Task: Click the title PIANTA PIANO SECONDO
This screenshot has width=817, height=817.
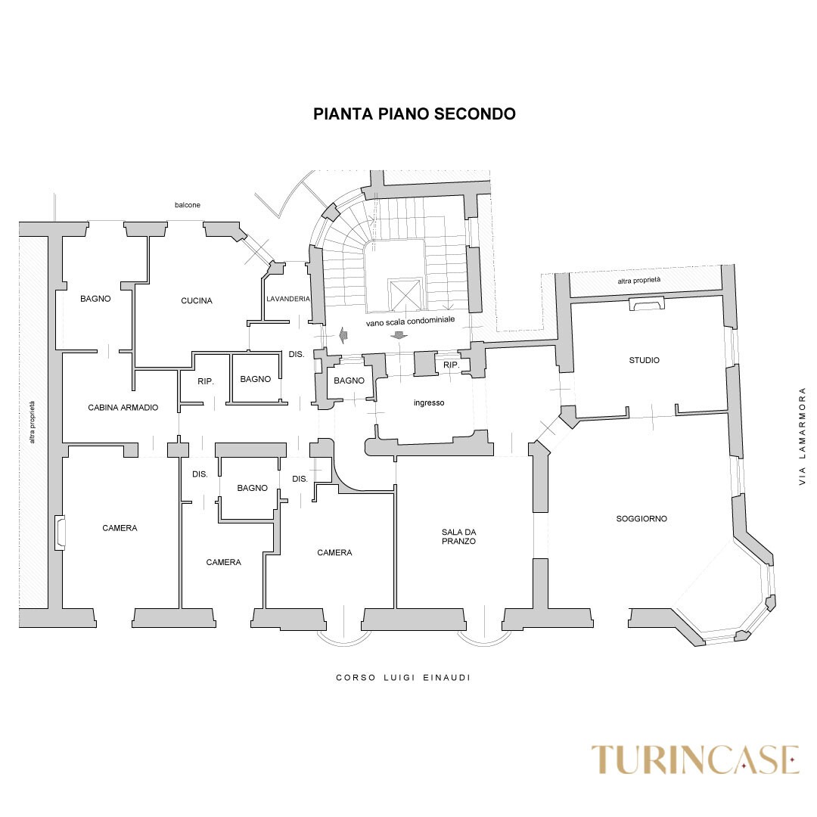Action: point(415,114)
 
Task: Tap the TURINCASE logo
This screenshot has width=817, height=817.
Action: point(695,760)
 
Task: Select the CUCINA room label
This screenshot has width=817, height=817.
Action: point(197,300)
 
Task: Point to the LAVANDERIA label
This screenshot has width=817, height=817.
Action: point(288,299)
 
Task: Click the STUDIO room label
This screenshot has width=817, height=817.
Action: point(644,360)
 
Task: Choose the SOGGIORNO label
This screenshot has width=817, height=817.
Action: point(641,519)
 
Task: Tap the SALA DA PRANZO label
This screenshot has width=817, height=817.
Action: point(458,536)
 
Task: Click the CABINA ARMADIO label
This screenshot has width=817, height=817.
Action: point(123,408)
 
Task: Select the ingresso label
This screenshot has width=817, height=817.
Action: point(429,402)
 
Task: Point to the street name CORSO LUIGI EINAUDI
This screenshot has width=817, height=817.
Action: point(403,678)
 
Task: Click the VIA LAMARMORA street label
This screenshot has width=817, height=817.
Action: point(803,436)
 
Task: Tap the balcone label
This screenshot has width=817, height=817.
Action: point(188,205)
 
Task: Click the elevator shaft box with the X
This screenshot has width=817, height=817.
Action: point(404,295)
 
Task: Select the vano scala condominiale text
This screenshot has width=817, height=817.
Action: point(411,322)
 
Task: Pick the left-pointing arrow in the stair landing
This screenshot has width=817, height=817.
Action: point(343,335)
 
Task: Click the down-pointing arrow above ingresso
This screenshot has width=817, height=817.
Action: point(399,336)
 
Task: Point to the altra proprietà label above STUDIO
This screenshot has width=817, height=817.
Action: point(638,281)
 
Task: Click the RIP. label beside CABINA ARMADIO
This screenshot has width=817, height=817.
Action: point(206,381)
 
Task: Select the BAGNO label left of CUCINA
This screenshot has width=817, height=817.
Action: point(95,299)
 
